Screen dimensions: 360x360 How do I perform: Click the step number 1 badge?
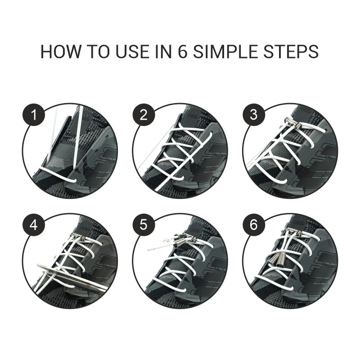point(33,115)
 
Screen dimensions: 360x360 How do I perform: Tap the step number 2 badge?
point(144,115)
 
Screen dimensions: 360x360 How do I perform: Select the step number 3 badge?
point(253,115)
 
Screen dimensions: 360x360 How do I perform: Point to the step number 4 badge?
point(33,225)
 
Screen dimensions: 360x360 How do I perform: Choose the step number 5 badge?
point(144,225)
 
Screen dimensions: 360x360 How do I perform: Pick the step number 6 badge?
point(253,225)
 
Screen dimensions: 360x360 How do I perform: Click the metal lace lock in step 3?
point(292,123)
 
